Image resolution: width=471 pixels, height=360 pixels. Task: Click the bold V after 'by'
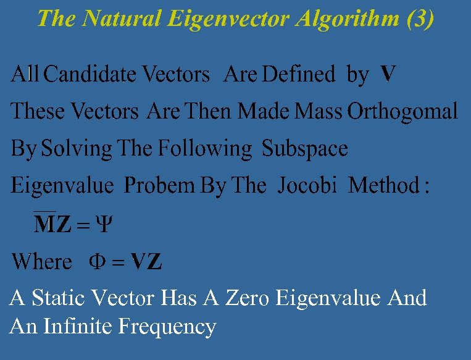(x=388, y=75)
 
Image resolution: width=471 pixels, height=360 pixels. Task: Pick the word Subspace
(x=305, y=149)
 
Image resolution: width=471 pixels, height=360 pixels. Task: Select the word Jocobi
(x=307, y=186)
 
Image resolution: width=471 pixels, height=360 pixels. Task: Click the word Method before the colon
(x=383, y=186)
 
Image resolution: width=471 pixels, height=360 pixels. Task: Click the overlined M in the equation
(x=44, y=224)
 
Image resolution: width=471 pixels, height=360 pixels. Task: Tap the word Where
(x=41, y=262)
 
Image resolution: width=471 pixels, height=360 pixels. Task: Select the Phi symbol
(x=99, y=262)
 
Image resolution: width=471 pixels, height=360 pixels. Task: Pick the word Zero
(x=249, y=298)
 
